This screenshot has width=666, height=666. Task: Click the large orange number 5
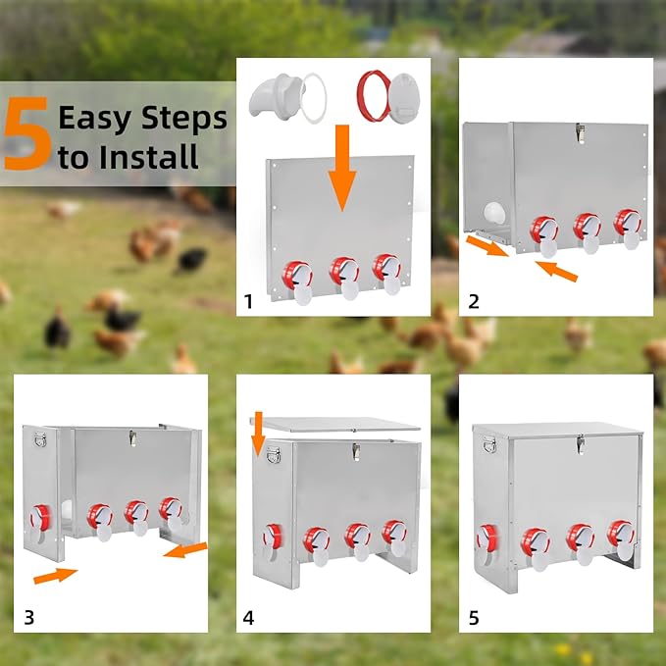[x=28, y=133]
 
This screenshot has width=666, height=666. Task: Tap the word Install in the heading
[x=148, y=156]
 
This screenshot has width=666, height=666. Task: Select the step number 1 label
[x=248, y=301]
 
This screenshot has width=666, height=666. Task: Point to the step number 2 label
[x=473, y=301]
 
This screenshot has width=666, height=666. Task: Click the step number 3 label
[x=28, y=617]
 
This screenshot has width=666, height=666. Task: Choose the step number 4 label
[x=248, y=617]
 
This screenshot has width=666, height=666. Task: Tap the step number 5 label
[x=474, y=617]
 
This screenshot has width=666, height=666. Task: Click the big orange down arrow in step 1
[x=342, y=168]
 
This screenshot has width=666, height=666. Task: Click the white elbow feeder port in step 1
[x=276, y=94]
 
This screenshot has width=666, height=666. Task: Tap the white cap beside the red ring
[x=404, y=98]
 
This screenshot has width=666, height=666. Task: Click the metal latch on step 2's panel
[x=581, y=132]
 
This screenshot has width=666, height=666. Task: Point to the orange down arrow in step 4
[x=257, y=434]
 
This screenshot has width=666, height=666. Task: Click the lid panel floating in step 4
[x=334, y=424]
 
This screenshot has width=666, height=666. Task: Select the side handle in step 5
[x=489, y=444]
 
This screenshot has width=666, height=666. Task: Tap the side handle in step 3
[x=41, y=439]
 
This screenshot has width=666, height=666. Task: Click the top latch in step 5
[x=581, y=444]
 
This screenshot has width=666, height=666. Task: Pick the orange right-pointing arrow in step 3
[x=55, y=576]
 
